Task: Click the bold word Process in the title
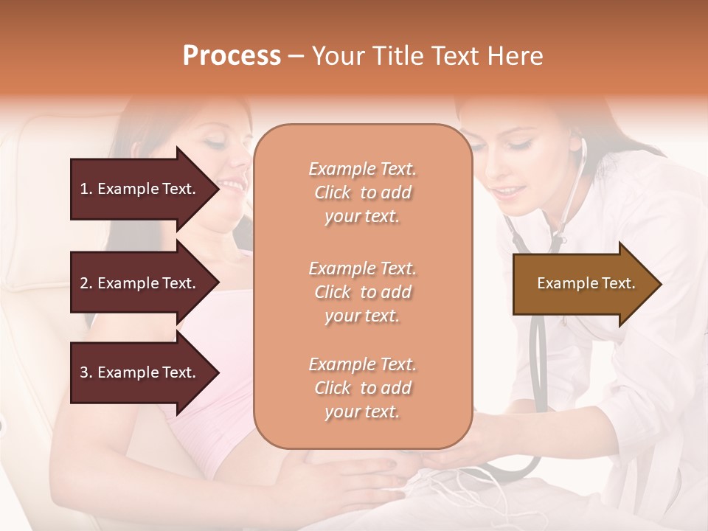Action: pos(232,55)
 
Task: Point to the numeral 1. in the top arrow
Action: pos(86,189)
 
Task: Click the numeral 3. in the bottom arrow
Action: pos(86,372)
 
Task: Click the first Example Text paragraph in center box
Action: pos(362,192)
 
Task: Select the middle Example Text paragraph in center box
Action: pos(362,292)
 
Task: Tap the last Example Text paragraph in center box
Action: pos(362,388)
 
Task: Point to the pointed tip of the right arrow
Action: pos(660,284)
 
